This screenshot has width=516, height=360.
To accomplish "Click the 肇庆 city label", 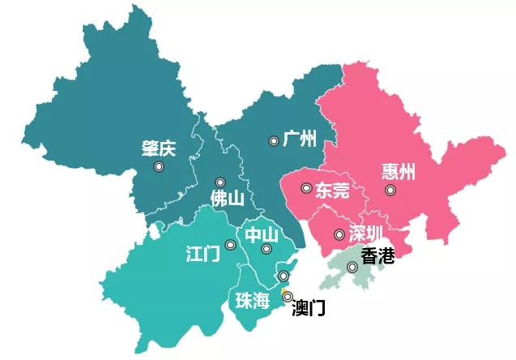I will click(157, 149).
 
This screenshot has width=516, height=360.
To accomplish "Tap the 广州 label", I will click(299, 138).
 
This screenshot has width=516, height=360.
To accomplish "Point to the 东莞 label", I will click(332, 191).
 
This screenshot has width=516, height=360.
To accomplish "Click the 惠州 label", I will click(398, 172).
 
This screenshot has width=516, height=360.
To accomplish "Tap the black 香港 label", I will click(377, 256).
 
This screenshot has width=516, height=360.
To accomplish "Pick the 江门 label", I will click(203, 254).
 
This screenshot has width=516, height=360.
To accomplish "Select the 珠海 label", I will click(252, 302).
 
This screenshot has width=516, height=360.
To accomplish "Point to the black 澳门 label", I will click(308, 308).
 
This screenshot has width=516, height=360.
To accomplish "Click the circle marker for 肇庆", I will click(159, 166).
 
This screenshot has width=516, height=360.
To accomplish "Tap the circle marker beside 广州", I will click(274, 141).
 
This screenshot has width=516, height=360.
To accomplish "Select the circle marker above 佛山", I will click(220, 182).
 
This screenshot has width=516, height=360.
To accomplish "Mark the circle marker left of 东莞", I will click(305, 188).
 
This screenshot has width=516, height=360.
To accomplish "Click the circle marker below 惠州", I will click(390, 190).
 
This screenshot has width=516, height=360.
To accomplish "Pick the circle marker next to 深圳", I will click(339, 235).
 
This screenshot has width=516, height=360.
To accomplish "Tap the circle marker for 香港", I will click(352, 267).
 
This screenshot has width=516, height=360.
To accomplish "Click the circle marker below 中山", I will click(266, 250).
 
